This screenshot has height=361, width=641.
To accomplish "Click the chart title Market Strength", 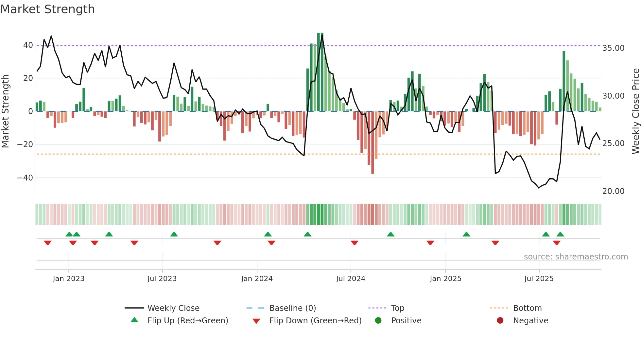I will point(47,9).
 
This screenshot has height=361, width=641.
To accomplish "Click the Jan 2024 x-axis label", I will point(257,279).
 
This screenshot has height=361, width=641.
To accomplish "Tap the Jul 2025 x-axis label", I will point(539,279).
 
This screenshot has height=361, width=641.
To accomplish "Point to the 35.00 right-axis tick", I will point(613,48).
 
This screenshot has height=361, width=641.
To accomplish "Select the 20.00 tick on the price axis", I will point(613,191).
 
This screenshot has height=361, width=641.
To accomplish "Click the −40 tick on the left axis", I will point(25,178).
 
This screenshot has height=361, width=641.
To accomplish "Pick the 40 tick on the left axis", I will point(28,45).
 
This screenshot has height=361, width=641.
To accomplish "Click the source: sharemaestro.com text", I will point(576,257).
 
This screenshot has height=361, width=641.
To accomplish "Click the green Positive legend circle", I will point(378,321).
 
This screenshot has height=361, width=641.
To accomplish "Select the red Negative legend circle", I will point(500,321).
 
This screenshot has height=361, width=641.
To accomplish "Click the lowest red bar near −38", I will point(372,164).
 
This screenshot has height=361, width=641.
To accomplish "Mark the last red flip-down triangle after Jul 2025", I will point(557,243).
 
